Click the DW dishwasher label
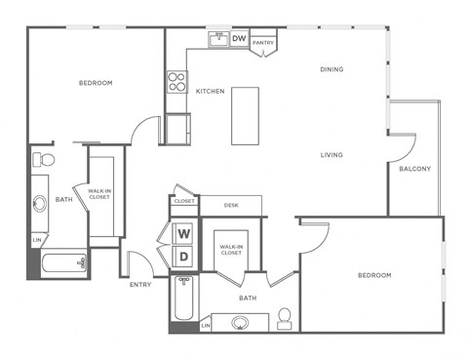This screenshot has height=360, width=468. [x=239, y=39]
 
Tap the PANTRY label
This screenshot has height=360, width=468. [x=262, y=43]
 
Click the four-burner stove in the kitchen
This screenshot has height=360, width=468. [x=176, y=82]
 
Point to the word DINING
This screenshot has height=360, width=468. [x=332, y=69]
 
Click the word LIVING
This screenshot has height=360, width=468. [x=332, y=154]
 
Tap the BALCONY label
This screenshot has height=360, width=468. [x=414, y=169]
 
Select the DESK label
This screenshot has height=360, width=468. [x=231, y=205]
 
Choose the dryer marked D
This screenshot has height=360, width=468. [x=182, y=257]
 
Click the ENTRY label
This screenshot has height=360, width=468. [x=140, y=285]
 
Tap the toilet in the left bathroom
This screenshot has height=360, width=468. [x=45, y=159]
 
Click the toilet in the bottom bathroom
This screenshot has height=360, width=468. [x=285, y=318]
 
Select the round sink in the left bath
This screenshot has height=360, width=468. [x=39, y=204]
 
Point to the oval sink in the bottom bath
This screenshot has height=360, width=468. [x=241, y=322]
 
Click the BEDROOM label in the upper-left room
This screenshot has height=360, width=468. [x=96, y=83]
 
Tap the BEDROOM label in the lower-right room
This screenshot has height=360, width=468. [x=374, y=275]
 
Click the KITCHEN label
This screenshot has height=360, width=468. [x=210, y=91]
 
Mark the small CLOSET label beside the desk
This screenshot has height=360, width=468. [x=184, y=201]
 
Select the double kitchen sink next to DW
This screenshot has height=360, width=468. [x=217, y=39]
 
